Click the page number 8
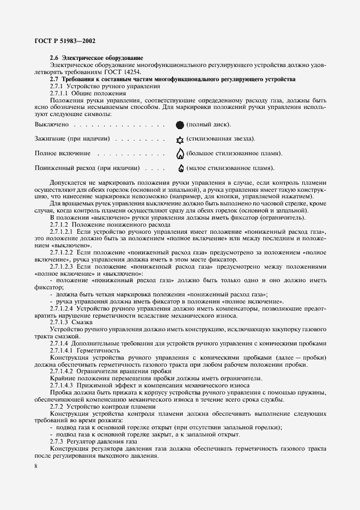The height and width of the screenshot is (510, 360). point(35,466)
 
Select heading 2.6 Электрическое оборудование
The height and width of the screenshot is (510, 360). point(96,58)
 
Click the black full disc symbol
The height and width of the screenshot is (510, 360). point(180,125)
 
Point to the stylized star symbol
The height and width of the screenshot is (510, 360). point(180,139)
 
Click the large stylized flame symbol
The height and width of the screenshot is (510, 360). point(180,153)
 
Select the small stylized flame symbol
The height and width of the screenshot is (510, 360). point(180,168)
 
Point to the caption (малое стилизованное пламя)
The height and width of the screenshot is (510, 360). point(230,168)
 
